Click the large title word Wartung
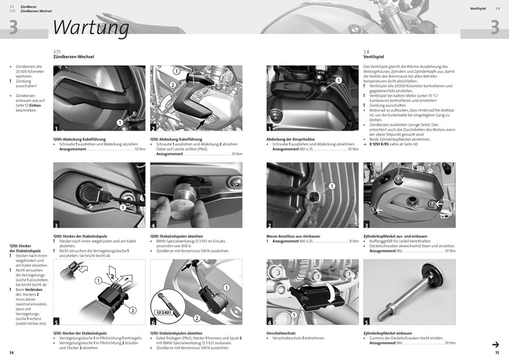click(90, 27)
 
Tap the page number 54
click(11, 352)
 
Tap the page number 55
click(497, 352)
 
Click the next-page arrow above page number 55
click(495, 344)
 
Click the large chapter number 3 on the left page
click(12, 27)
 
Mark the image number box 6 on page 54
click(154, 320)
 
